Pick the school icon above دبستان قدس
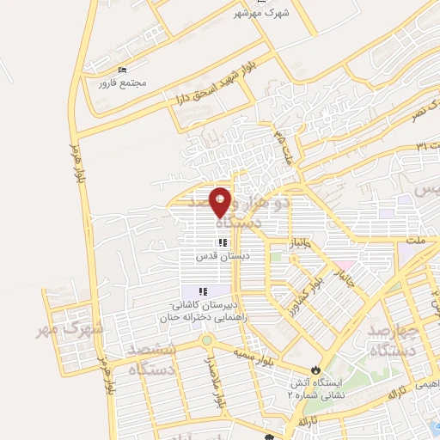pos(223,243)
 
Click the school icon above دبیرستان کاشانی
pos(203,293)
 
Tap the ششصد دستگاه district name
pos(151,359)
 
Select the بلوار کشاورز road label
pos(305,290)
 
